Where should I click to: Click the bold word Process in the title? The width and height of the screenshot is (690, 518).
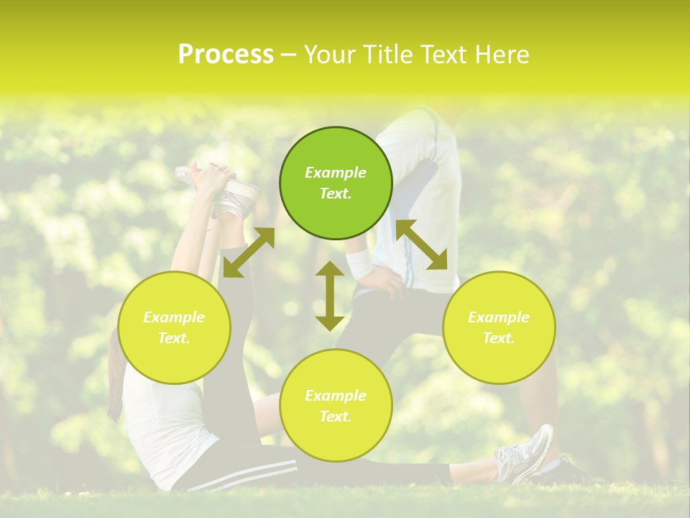tap(226, 55)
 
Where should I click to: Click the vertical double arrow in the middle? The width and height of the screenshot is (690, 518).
tap(330, 296)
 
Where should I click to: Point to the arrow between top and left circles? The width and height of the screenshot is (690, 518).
tap(249, 252)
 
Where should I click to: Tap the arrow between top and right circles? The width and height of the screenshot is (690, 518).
tap(421, 245)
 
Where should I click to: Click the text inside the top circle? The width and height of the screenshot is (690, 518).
tap(336, 183)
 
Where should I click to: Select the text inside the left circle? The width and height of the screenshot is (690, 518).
tap(174, 327)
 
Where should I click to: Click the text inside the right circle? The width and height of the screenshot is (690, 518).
tap(499, 327)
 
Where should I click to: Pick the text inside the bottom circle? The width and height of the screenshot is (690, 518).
tap(336, 406)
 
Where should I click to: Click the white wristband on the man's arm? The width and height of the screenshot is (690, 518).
tap(359, 263)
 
